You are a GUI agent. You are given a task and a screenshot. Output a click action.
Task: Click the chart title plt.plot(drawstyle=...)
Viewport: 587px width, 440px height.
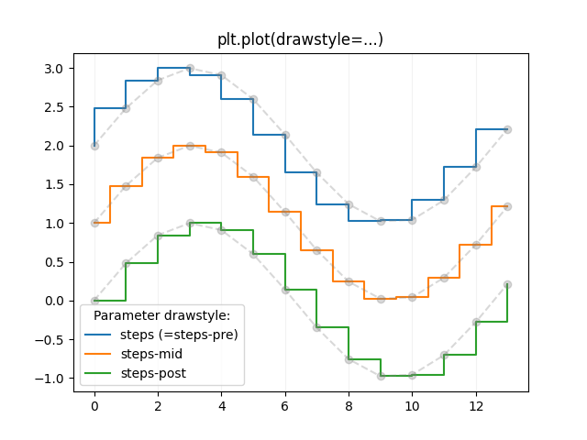pyautogui.click(x=300, y=39)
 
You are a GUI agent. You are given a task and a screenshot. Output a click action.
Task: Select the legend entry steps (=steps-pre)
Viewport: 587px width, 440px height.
pyautogui.click(x=179, y=335)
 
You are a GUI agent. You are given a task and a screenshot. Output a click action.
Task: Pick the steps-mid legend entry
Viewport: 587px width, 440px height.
pyautogui.click(x=151, y=354)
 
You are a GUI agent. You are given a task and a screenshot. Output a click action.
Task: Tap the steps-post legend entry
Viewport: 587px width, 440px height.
pyautogui.click(x=153, y=373)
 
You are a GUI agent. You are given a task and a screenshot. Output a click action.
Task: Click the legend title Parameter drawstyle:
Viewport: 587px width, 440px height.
pyautogui.click(x=161, y=315)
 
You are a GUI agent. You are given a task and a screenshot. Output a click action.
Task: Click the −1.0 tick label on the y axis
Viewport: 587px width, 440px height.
pyautogui.click(x=51, y=378)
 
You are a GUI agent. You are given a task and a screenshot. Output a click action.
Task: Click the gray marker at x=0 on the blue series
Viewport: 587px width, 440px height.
pyautogui.click(x=94, y=146)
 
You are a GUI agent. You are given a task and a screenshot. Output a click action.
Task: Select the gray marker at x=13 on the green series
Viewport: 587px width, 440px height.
pyautogui.click(x=507, y=284)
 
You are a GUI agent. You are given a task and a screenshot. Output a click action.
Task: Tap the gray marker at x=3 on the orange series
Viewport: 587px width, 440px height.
pyautogui.click(x=190, y=146)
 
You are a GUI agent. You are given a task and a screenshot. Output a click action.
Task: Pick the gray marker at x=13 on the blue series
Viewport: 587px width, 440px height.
pyautogui.click(x=507, y=129)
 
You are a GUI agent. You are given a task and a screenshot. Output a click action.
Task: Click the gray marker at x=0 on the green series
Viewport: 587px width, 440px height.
pyautogui.click(x=94, y=301)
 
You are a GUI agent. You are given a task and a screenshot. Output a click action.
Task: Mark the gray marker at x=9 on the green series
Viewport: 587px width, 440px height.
pyautogui.click(x=381, y=376)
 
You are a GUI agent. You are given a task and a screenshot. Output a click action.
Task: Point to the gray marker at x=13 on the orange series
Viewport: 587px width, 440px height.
pyautogui.click(x=507, y=206)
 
